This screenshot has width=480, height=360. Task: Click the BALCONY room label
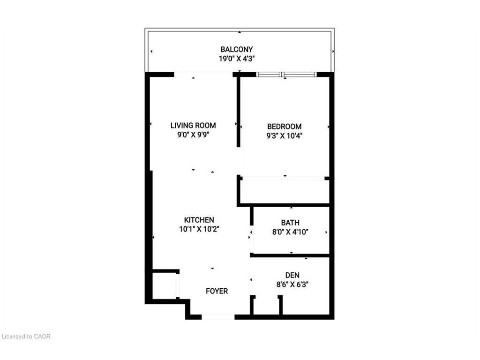[237, 49]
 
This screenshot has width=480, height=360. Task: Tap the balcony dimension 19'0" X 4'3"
[237, 59]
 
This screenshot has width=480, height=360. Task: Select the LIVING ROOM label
[193, 126]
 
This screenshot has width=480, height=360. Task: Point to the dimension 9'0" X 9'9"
[193, 135]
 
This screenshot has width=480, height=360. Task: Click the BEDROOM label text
[284, 127]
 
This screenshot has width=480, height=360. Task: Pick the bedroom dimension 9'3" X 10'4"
[284, 136]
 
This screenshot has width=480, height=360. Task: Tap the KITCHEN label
[199, 220]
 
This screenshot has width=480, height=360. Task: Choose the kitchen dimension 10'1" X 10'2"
[199, 229]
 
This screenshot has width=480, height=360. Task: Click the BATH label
[290, 223]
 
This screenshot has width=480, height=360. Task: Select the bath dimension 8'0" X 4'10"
[290, 232]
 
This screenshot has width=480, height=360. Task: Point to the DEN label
[292, 275]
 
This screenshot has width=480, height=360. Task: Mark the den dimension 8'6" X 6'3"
[292, 284]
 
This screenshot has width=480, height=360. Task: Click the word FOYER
[217, 291]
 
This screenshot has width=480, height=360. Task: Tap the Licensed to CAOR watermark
[26, 336]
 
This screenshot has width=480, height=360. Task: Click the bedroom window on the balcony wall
[286, 74]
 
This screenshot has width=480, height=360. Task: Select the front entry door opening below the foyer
[218, 317]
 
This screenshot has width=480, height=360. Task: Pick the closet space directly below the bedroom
[284, 191]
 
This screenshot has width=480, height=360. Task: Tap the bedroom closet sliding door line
[284, 178]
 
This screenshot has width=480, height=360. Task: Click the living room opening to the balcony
[203, 74]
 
